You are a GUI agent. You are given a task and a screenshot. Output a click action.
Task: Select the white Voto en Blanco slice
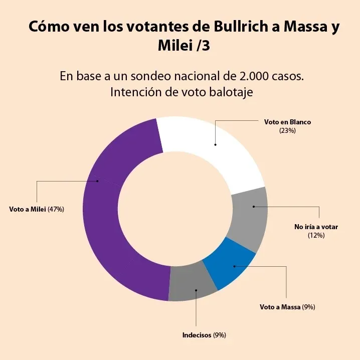point(211,145)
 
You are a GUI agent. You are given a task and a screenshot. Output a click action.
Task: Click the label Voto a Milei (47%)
point(37,209)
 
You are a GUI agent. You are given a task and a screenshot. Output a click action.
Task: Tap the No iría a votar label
point(316,227)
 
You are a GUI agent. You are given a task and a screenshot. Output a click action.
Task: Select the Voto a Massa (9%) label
point(287,307)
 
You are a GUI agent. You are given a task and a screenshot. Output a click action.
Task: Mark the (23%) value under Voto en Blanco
point(288,130)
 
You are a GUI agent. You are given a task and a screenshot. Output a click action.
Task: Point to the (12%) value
point(316,235)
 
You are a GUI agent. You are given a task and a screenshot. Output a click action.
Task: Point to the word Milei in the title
point(175,47)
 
